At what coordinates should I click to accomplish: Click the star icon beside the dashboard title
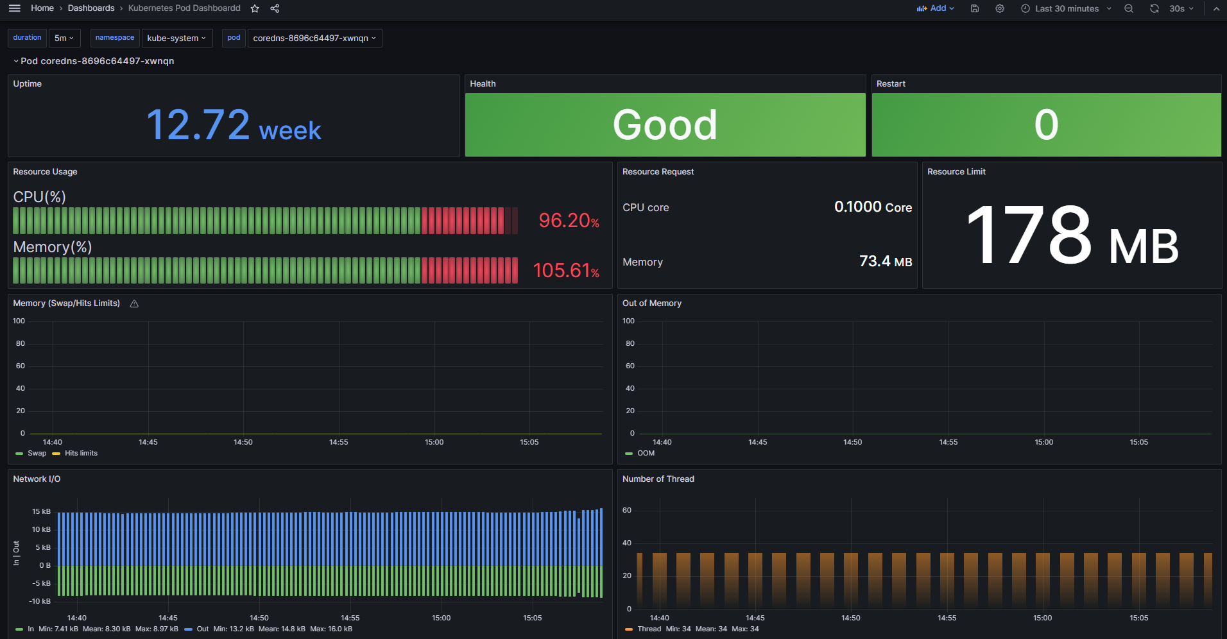[255, 8]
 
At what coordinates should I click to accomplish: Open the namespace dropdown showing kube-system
[176, 38]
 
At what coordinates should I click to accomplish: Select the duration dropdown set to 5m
[64, 38]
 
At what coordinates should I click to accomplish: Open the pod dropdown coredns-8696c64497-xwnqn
[314, 38]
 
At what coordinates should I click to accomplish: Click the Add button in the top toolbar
[936, 8]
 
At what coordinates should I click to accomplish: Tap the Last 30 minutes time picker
[1067, 8]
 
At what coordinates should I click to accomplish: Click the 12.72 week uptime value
[234, 125]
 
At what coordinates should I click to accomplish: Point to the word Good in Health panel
[665, 124]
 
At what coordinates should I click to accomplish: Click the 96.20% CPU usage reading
[569, 221]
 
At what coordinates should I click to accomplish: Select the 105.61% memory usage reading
[566, 271]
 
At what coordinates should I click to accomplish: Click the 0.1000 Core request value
[873, 207]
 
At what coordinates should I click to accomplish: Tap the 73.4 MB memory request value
[885, 262]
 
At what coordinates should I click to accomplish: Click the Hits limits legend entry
[81, 454]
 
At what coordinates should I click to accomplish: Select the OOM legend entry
[646, 454]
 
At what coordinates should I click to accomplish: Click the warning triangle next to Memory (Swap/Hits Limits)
[134, 304]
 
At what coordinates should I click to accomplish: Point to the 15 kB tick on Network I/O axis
[42, 511]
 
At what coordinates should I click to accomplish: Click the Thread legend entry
[649, 629]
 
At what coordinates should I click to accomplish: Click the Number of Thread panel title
[658, 479]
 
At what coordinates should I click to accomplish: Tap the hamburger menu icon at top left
[15, 8]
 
